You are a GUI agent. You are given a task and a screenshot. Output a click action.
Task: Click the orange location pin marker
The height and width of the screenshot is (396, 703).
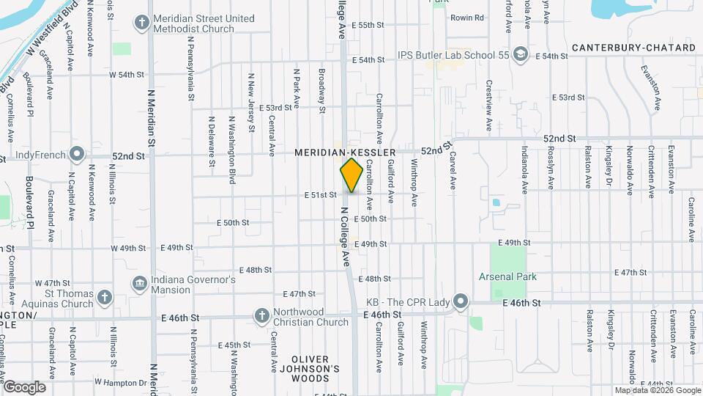point(352,175)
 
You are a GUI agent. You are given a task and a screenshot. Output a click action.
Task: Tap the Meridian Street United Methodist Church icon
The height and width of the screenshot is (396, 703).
point(143,23)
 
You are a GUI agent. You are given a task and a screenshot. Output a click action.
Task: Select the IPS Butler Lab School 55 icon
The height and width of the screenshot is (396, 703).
point(520,55)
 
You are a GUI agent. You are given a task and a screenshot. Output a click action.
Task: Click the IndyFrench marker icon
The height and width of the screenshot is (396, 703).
point(77,155)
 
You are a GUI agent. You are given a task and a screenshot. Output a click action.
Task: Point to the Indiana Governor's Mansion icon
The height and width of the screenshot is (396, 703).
point(139,284)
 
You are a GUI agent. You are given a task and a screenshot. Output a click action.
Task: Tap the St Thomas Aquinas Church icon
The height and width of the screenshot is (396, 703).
point(105,297)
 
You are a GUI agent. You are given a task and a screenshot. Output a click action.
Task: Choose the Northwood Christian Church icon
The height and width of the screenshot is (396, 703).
point(261,316)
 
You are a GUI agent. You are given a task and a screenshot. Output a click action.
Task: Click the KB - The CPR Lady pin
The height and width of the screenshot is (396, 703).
point(460,301)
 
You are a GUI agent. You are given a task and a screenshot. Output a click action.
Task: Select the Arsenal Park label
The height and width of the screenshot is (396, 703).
point(507,276)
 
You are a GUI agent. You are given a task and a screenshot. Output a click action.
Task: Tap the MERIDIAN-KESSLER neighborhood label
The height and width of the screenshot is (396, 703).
point(345,153)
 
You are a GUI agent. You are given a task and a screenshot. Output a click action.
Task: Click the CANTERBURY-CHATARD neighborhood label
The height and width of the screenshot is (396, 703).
point(633,48)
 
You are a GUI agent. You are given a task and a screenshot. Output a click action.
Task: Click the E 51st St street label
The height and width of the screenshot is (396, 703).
point(321,195)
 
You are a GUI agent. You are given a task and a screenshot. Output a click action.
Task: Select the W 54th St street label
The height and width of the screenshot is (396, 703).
point(126,75)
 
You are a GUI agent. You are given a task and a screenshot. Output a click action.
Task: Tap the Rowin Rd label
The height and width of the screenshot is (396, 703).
point(467,18)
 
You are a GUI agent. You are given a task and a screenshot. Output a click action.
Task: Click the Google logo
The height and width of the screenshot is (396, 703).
point(24,387)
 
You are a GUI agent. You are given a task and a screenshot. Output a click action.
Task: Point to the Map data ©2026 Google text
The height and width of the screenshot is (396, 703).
point(656,390)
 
